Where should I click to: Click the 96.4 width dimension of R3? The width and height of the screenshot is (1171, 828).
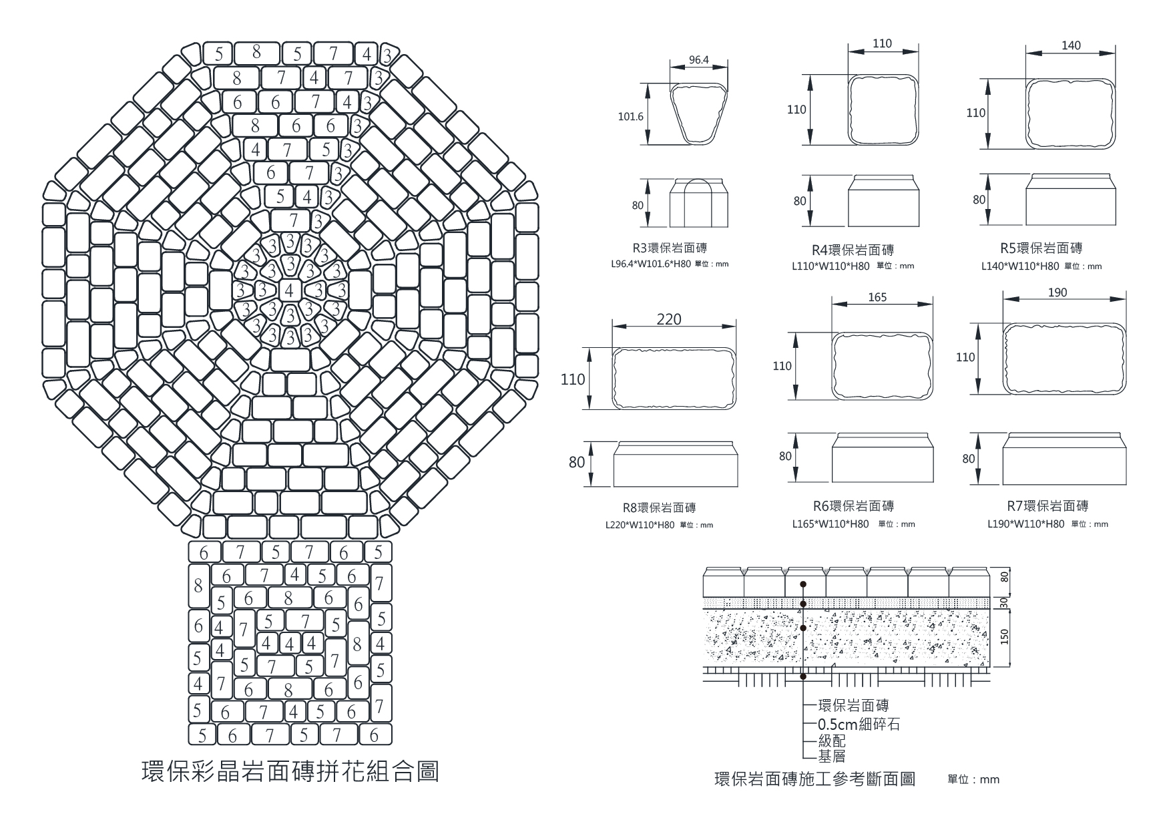pyautogui.click(x=698, y=60)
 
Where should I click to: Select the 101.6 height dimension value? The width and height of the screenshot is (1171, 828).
pyautogui.click(x=631, y=116)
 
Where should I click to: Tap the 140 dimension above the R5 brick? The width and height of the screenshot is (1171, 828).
pyautogui.click(x=1070, y=45)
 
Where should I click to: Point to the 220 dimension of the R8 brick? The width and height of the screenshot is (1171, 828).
pyautogui.click(x=669, y=319)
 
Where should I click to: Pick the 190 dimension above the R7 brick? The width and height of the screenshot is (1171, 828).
pyautogui.click(x=1058, y=292)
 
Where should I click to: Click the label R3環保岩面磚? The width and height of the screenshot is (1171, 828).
pyautogui.click(x=670, y=248)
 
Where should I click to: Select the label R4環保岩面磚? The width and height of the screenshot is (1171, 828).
pyautogui.click(x=853, y=250)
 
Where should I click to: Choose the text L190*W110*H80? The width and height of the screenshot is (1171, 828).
pyautogui.click(x=1026, y=524)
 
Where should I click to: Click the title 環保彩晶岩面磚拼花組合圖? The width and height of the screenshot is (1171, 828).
pyautogui.click(x=291, y=771)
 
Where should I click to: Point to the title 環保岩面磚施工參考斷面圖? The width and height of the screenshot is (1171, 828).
pyautogui.click(x=814, y=779)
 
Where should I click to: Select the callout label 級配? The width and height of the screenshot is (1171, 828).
pyautogui.click(x=832, y=741)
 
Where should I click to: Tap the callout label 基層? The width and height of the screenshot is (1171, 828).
pyautogui.click(x=832, y=757)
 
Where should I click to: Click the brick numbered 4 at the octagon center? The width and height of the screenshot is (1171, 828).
pyautogui.click(x=288, y=290)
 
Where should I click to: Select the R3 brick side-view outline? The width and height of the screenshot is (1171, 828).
pyautogui.click(x=698, y=203)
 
